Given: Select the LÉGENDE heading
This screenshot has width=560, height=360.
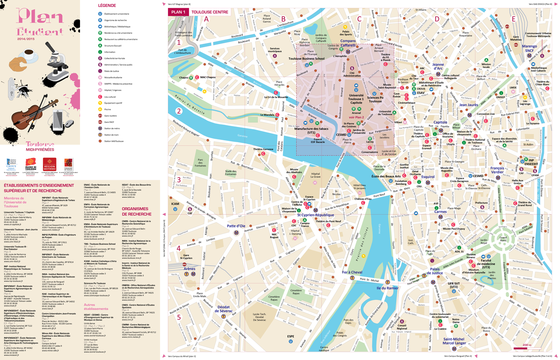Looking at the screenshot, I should click(x=107, y=6).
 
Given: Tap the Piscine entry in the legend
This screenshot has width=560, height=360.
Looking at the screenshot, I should click(x=108, y=109).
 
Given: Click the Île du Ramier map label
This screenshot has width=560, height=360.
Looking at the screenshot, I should click(x=387, y=288).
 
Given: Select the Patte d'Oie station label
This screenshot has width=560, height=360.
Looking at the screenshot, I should click(x=236, y=226).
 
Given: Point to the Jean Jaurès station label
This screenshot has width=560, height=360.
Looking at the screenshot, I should click(x=469, y=105).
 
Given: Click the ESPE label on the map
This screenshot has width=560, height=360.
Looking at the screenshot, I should click(x=290, y=336).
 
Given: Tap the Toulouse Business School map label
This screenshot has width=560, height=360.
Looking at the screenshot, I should click(x=306, y=59).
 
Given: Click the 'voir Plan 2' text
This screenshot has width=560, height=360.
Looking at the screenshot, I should click(x=356, y=117).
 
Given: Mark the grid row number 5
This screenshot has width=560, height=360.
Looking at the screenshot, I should click(x=178, y=317).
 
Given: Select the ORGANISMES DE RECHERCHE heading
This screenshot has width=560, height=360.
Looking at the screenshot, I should click(x=136, y=211).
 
